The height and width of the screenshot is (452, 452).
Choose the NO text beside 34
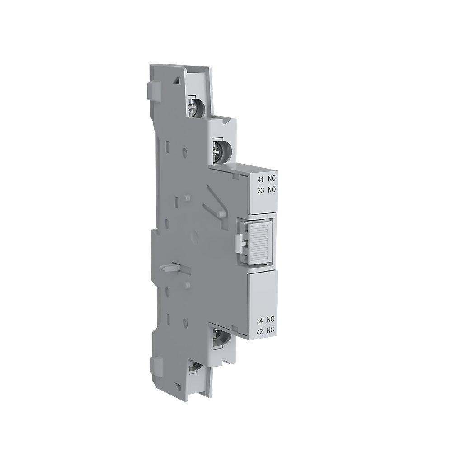[271, 320]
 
